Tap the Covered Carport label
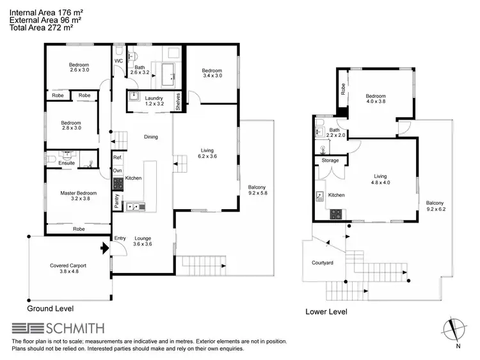pos(68,265)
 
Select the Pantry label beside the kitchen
pos(117,201)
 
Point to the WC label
pos(118,61)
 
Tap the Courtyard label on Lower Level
pos(316,262)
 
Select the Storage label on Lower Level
pos(330,160)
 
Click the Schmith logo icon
pos(28,329)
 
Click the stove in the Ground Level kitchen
pos(117,184)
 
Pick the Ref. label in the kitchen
pos(117,157)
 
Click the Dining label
pos(150,137)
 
